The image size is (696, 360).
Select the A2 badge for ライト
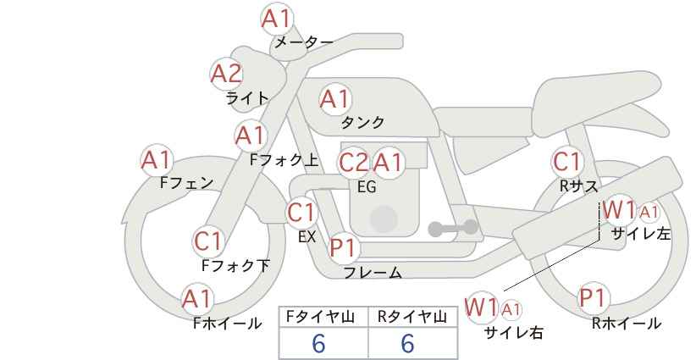pyautogui.click(x=226, y=74)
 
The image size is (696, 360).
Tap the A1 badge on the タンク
pyautogui.click(x=334, y=99)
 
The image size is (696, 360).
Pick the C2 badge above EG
pyautogui.click(x=353, y=162)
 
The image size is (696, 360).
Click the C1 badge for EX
pyautogui.click(x=301, y=213)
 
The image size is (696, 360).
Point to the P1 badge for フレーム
pyautogui.click(x=344, y=249)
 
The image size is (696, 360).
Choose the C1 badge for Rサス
pyautogui.click(x=566, y=161)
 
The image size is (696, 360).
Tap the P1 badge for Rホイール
pyautogui.click(x=593, y=298)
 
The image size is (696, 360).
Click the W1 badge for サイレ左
pyautogui.click(x=619, y=209)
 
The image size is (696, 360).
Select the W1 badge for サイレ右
pyautogui.click(x=482, y=307)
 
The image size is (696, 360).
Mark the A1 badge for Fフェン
pyautogui.click(x=156, y=158)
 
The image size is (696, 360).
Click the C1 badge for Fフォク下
pyautogui.click(x=207, y=241)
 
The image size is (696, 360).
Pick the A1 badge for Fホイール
pyautogui.click(x=197, y=298)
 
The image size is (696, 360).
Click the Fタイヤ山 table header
pyautogui.click(x=323, y=317)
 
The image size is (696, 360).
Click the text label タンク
pyautogui.click(x=362, y=123)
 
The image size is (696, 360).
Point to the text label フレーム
pyautogui.click(x=372, y=273)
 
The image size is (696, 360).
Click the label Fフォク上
pyautogui.click(x=284, y=158)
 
